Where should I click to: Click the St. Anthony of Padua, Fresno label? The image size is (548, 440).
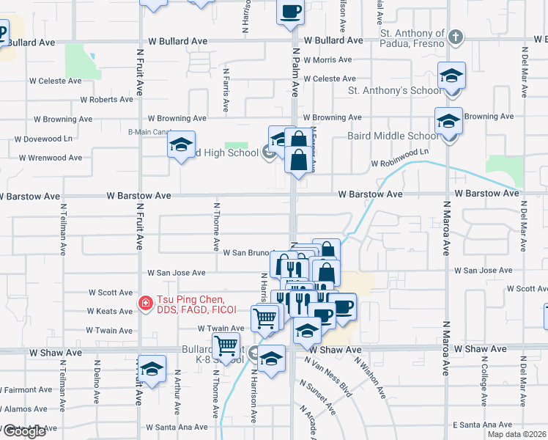[412, 38]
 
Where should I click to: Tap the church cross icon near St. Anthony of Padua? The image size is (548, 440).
[455, 36]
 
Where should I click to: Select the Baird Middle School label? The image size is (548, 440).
[402, 136]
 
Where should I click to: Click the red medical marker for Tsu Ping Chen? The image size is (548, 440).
[146, 302]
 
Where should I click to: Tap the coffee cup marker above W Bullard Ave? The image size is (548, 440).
[290, 12]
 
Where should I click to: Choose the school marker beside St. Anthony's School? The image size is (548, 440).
[451, 76]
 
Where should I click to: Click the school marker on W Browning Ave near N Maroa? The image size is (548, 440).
[448, 121]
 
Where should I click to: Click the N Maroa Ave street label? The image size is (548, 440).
[446, 228]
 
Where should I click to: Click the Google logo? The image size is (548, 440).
[23, 431]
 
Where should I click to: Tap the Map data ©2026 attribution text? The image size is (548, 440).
[516, 434]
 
